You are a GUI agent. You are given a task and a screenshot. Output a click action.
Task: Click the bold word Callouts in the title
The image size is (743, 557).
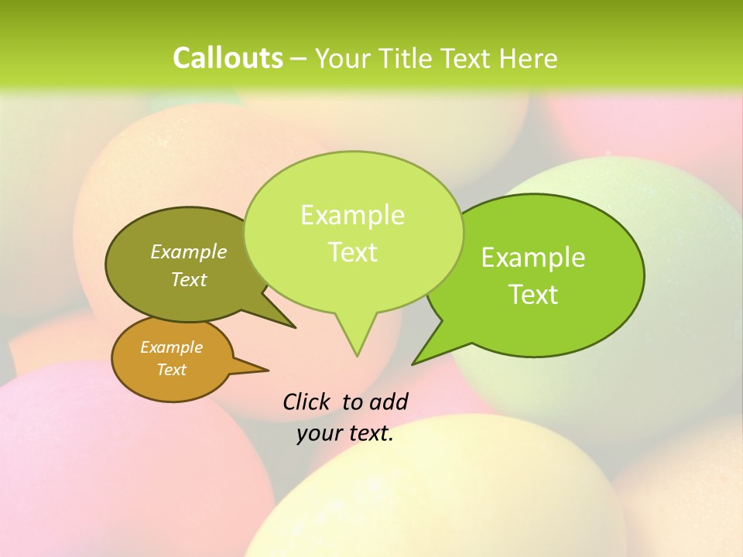pos(228,58)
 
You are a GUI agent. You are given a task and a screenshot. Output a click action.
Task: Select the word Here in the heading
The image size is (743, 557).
pos(528,58)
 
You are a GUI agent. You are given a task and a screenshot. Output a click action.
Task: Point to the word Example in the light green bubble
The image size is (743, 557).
pos(352,215)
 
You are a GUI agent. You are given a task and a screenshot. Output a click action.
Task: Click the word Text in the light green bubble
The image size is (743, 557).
pos(352,252)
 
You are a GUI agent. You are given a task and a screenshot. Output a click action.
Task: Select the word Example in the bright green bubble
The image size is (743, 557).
pos(533,258)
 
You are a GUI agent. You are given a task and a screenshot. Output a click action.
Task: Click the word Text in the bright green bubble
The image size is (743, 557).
pos(533,295)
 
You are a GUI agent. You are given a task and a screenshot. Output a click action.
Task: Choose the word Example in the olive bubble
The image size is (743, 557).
pos(189,252)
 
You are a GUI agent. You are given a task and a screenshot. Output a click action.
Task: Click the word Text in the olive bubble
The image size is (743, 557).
pos(189,280)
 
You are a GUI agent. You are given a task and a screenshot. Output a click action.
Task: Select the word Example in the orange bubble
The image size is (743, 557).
pos(171,347)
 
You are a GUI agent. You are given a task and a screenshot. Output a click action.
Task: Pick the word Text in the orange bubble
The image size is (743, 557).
pos(171,370)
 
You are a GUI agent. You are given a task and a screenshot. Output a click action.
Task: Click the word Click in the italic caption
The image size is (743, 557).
pos(306,402)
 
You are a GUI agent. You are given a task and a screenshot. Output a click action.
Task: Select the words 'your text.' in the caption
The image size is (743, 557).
pos(345,433)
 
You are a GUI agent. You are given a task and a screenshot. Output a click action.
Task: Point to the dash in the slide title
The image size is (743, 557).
pos(299,59)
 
